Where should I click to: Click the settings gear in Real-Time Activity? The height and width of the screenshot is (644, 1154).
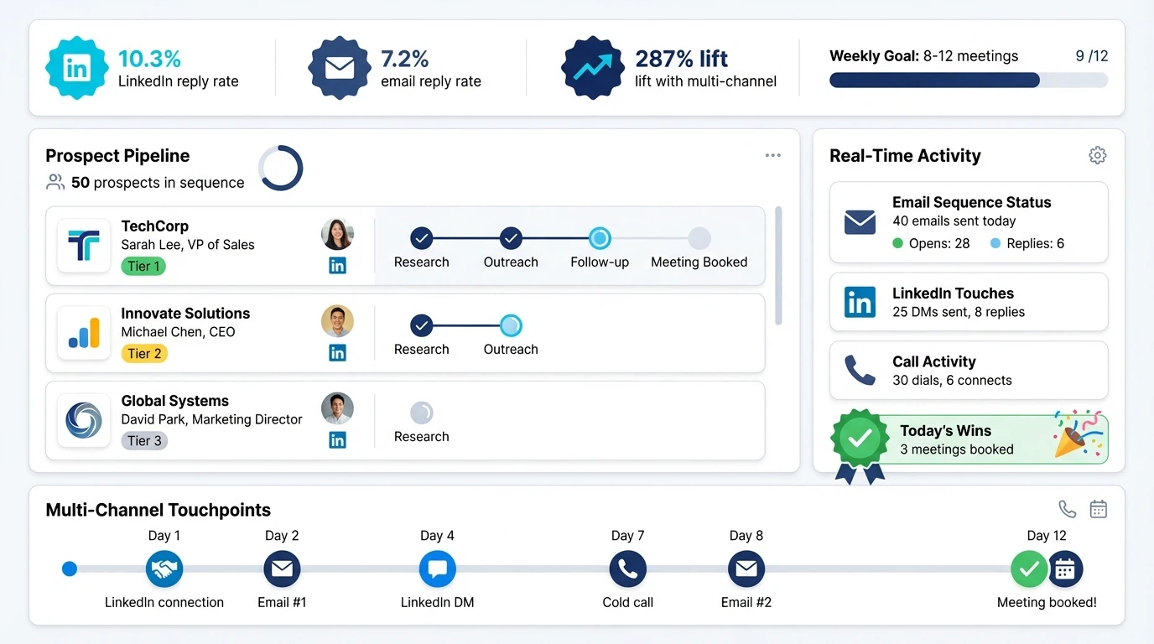click(x=1097, y=155)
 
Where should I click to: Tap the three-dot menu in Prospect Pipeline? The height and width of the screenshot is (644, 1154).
click(x=772, y=155)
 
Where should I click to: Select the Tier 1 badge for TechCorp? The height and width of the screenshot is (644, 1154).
click(x=143, y=267)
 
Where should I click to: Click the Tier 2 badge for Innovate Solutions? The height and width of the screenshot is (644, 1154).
click(x=144, y=354)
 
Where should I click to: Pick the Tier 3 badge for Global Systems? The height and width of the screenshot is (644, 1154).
click(x=144, y=441)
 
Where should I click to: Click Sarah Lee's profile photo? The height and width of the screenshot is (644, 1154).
click(x=337, y=235)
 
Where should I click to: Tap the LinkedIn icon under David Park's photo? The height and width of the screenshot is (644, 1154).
click(x=337, y=440)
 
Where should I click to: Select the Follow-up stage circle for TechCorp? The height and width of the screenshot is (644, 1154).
click(x=600, y=238)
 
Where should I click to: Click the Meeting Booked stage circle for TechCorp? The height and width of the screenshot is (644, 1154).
click(x=699, y=238)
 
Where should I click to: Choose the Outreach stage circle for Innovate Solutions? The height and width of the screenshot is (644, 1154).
click(x=511, y=325)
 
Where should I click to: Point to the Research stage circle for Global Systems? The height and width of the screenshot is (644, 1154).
click(x=421, y=413)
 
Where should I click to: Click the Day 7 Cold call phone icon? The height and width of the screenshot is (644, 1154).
click(x=627, y=569)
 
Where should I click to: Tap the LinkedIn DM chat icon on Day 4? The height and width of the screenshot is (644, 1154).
click(x=437, y=569)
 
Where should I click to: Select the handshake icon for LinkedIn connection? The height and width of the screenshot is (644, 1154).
click(x=164, y=569)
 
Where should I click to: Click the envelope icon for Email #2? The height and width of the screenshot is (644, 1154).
click(x=746, y=569)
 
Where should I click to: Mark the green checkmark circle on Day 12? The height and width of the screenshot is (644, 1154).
click(x=1028, y=569)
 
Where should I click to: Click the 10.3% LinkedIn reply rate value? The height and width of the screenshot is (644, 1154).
click(x=149, y=59)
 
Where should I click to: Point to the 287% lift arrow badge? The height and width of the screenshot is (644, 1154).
click(x=592, y=68)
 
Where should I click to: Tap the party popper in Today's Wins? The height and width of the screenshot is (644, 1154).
click(x=1077, y=434)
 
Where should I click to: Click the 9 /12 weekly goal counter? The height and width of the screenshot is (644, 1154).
click(x=1091, y=56)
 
